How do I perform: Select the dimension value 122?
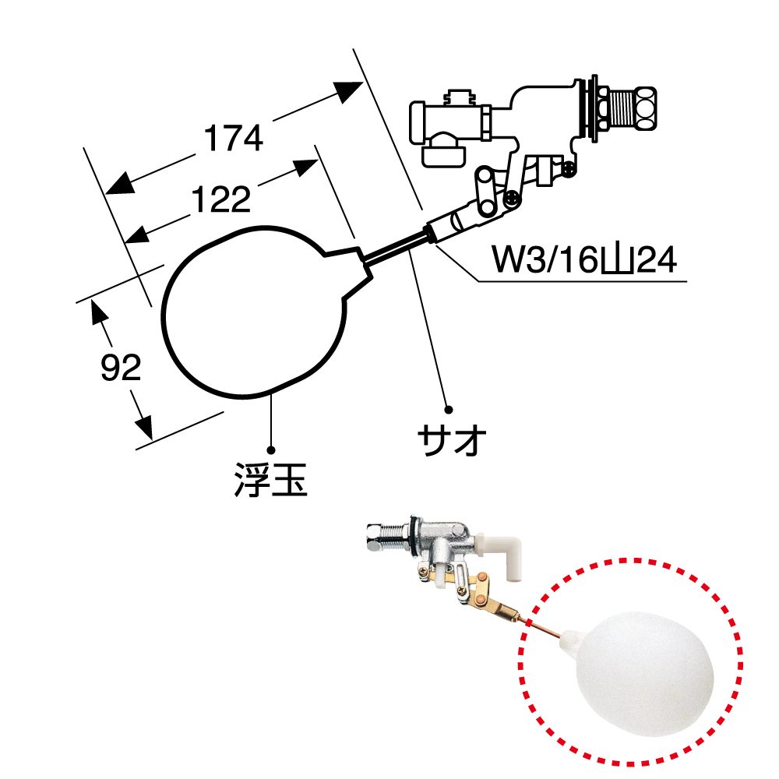coord(221,200)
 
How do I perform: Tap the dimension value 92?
coord(122,367)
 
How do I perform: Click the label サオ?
coord(452,442)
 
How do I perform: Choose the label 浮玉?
coord(271,481)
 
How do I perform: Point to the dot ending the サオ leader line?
coord(449,408)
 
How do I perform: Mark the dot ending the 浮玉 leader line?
coord(272,449)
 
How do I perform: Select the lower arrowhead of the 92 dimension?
coord(143,425)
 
